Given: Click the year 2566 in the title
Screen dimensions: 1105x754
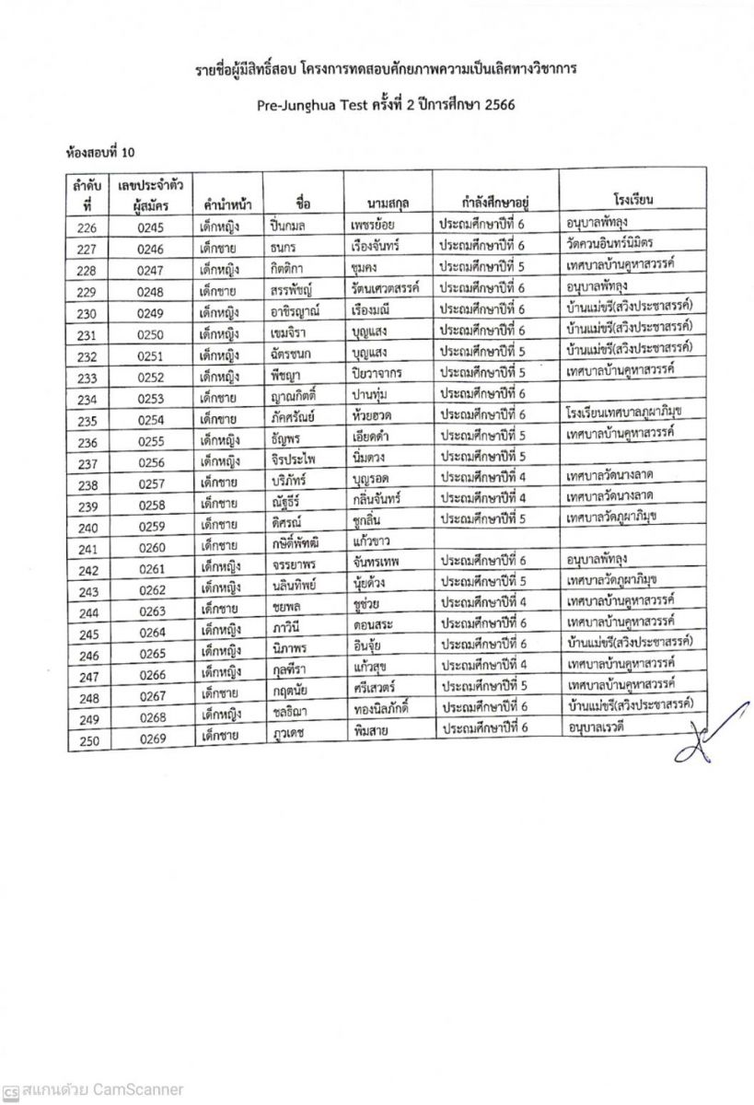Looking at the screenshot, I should (495, 105).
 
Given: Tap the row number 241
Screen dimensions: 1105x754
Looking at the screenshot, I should (88, 550).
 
